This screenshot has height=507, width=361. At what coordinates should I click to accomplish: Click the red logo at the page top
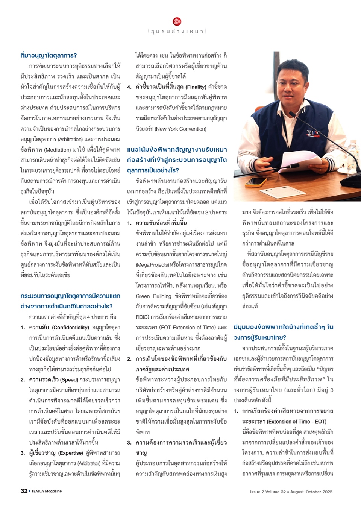pos(177,21)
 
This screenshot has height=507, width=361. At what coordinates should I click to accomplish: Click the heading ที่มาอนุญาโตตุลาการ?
pos(49,55)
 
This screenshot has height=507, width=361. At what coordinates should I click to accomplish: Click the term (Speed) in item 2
pos(69,380)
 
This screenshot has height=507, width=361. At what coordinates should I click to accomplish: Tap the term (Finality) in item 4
pos(196,87)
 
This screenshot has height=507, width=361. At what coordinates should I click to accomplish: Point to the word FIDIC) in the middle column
pos(142,317)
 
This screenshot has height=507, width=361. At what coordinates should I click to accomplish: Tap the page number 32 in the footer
pos(24,491)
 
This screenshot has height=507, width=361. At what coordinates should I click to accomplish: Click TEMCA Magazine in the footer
pos(46,491)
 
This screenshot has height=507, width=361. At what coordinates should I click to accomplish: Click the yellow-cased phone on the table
pos(254,182)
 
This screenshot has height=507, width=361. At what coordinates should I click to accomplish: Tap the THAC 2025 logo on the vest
pos(314,133)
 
